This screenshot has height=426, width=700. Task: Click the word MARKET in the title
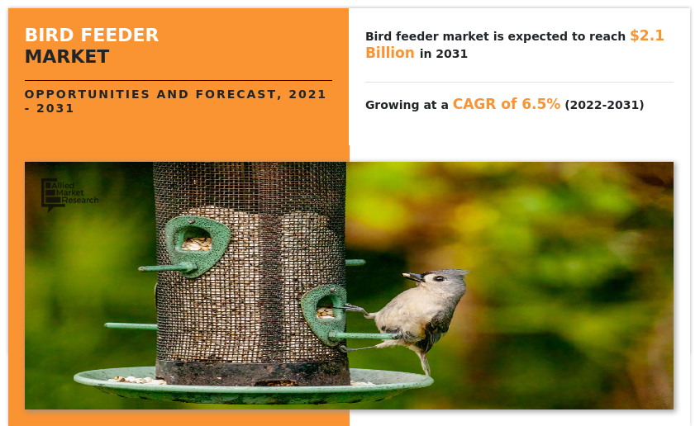66,57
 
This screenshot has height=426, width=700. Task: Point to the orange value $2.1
646,35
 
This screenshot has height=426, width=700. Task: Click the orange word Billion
390,53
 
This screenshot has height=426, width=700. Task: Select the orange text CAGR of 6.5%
506,104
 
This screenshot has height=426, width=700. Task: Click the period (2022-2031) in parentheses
604,105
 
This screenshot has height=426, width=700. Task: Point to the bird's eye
437,278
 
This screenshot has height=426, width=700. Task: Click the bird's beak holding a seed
411,277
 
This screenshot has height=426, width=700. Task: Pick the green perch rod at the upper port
165,268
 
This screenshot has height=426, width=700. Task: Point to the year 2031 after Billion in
452,54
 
